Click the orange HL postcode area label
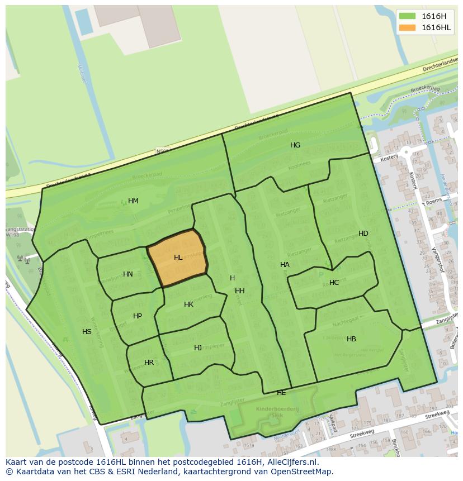[x=178, y=258]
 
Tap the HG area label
[x=295, y=145]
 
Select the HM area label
[x=133, y=201]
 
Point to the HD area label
[x=363, y=234]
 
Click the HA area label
[x=285, y=265]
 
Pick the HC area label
[x=334, y=283]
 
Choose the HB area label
[x=351, y=339]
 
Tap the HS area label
[x=87, y=332]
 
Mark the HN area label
[x=128, y=274]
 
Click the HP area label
[x=138, y=316]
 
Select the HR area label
[x=149, y=363]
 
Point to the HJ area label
[x=198, y=348]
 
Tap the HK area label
[x=188, y=304]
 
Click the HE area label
[x=281, y=393]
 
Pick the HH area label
[x=240, y=291]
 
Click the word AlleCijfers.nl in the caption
[x=290, y=462]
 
